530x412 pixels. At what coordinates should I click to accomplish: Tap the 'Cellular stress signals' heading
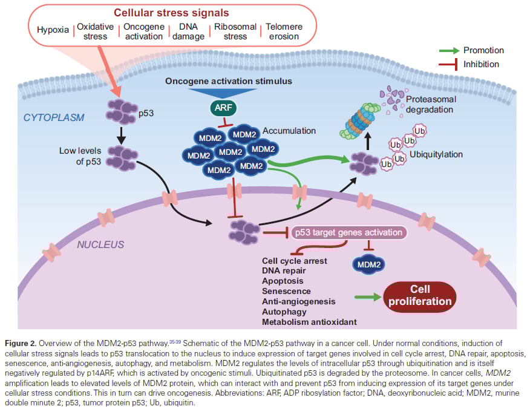[x=164, y=12]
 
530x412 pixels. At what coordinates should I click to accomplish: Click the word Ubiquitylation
[x=436, y=154]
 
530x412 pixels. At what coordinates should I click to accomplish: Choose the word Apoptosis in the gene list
[x=283, y=281]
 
